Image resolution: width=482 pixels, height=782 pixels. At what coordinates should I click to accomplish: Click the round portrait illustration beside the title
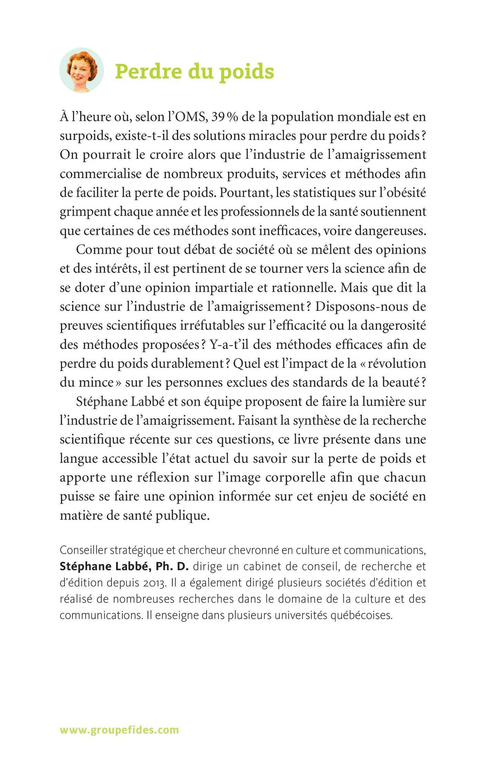[x=82, y=70]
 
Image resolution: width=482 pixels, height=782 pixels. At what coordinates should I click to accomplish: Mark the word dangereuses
[x=390, y=230]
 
